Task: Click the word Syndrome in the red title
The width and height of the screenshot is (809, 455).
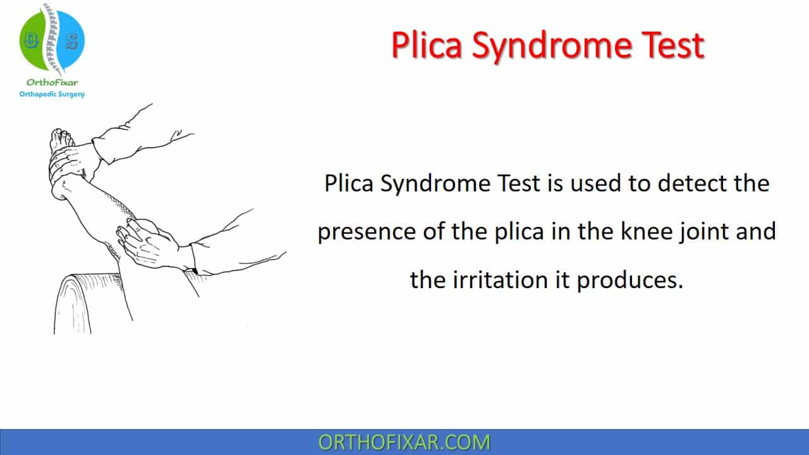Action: pyautogui.click(x=552, y=46)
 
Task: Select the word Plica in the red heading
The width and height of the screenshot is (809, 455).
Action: pyautogui.click(x=427, y=45)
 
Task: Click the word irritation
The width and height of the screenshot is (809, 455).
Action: pyautogui.click(x=500, y=280)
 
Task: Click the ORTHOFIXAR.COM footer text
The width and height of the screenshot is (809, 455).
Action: pyautogui.click(x=404, y=442)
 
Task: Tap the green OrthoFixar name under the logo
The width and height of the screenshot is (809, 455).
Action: pyautogui.click(x=52, y=82)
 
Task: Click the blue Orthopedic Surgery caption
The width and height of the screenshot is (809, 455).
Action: pyautogui.click(x=52, y=94)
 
